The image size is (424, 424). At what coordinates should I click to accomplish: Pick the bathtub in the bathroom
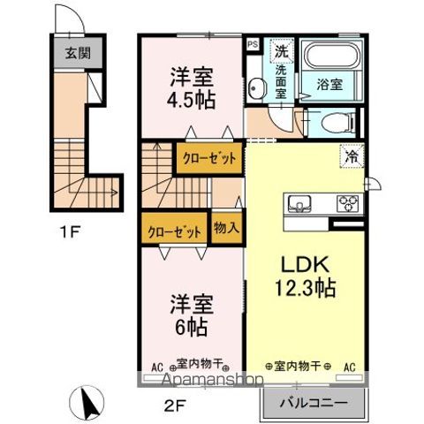point(329,57)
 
